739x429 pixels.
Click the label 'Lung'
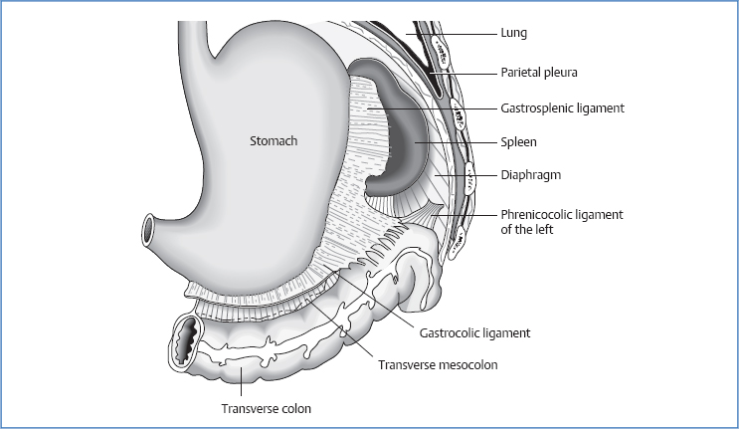(x=513, y=33)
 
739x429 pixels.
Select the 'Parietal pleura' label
(x=538, y=72)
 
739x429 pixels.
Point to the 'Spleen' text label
(x=518, y=142)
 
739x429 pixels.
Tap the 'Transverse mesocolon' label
(x=438, y=365)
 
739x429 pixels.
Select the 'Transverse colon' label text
(x=266, y=406)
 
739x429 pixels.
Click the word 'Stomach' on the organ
(x=273, y=141)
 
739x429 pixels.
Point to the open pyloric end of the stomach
(x=149, y=233)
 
